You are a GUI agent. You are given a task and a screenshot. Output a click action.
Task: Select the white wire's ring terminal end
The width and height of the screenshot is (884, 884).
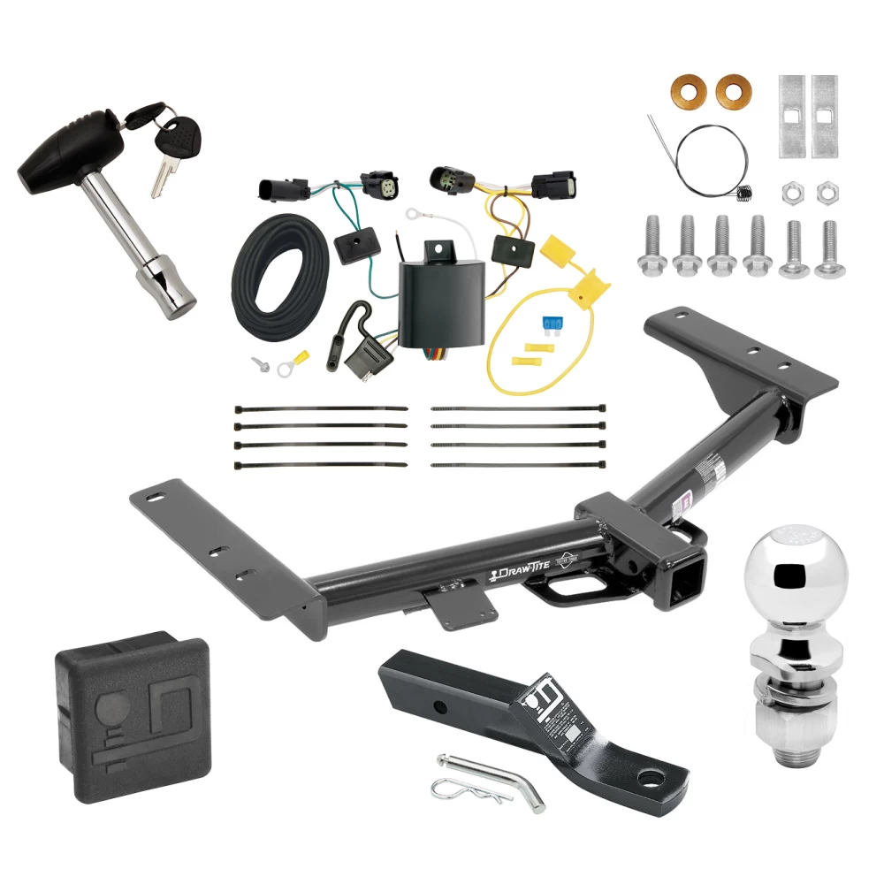(x=412, y=213)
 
